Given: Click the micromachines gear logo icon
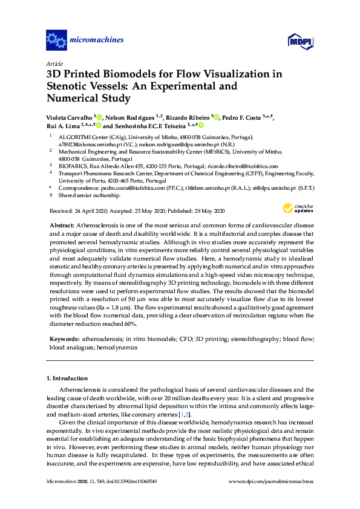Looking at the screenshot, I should click(56, 41).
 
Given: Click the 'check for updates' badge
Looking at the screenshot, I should click(297, 209).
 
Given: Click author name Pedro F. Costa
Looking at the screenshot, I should click(241, 117).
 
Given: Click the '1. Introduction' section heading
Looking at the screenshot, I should click(67, 378).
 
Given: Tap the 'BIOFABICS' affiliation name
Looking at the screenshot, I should click(73, 166).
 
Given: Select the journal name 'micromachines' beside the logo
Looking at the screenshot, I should click(97, 41).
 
